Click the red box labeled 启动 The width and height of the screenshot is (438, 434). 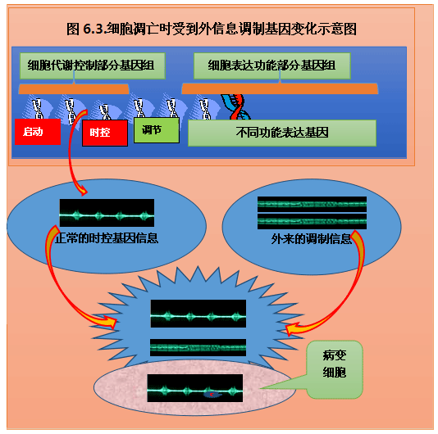point(38,132)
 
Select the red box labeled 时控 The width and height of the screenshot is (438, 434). point(105,133)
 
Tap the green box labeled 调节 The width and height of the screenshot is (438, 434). point(157,130)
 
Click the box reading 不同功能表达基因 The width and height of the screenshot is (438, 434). point(282,133)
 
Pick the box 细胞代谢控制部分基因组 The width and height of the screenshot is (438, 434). point(93,66)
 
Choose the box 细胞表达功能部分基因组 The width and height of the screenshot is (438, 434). point(272,66)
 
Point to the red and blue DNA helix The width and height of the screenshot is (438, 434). point(236,107)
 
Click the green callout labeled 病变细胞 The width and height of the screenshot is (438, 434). point(335,369)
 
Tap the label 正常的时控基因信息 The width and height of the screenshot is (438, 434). point(107,238)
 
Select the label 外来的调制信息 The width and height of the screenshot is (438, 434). point(311,239)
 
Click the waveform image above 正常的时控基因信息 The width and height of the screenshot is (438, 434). point(107,213)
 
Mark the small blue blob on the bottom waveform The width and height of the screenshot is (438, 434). point(212,395)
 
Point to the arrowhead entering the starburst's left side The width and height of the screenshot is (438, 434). point(110,322)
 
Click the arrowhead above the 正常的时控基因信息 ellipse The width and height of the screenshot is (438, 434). point(82,191)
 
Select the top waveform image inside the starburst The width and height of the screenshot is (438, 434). point(198,314)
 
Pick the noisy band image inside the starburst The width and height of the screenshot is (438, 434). point(198,347)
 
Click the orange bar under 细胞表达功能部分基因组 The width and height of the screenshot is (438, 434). point(280,88)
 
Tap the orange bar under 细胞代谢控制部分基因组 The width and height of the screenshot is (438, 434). point(74,89)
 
